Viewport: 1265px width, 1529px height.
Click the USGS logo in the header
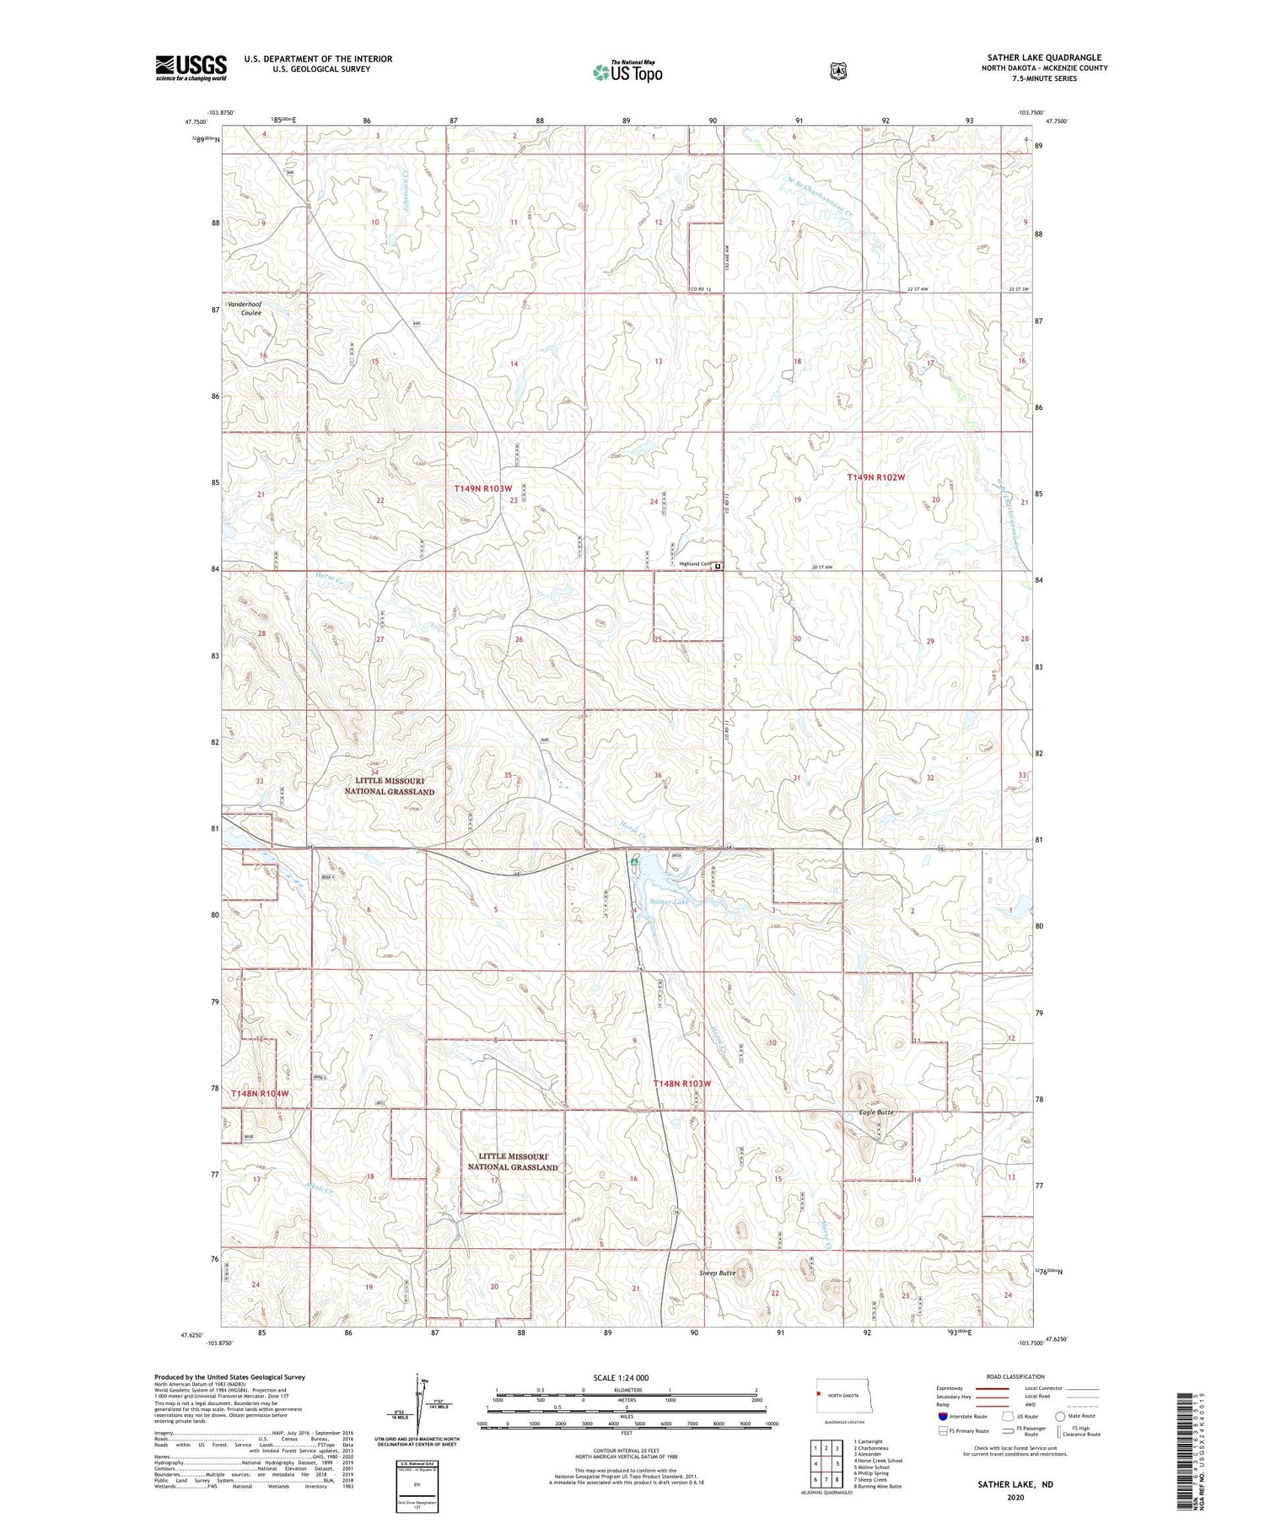pos(191,67)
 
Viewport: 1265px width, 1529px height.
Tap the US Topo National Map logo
pos(627,71)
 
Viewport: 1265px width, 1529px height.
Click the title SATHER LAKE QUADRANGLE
pos(1044,57)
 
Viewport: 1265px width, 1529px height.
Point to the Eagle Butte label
pos(876,1112)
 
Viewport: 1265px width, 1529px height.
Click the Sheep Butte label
pos(717,1273)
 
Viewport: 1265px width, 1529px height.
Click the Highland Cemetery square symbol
pos(718,567)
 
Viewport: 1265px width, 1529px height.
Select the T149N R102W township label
pos(875,477)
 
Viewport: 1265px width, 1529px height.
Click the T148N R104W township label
pos(260,1093)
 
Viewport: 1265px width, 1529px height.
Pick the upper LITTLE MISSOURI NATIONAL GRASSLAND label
pos(389,786)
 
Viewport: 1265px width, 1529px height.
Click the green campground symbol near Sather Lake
pos(633,863)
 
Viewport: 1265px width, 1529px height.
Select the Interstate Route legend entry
pos(961,1416)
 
